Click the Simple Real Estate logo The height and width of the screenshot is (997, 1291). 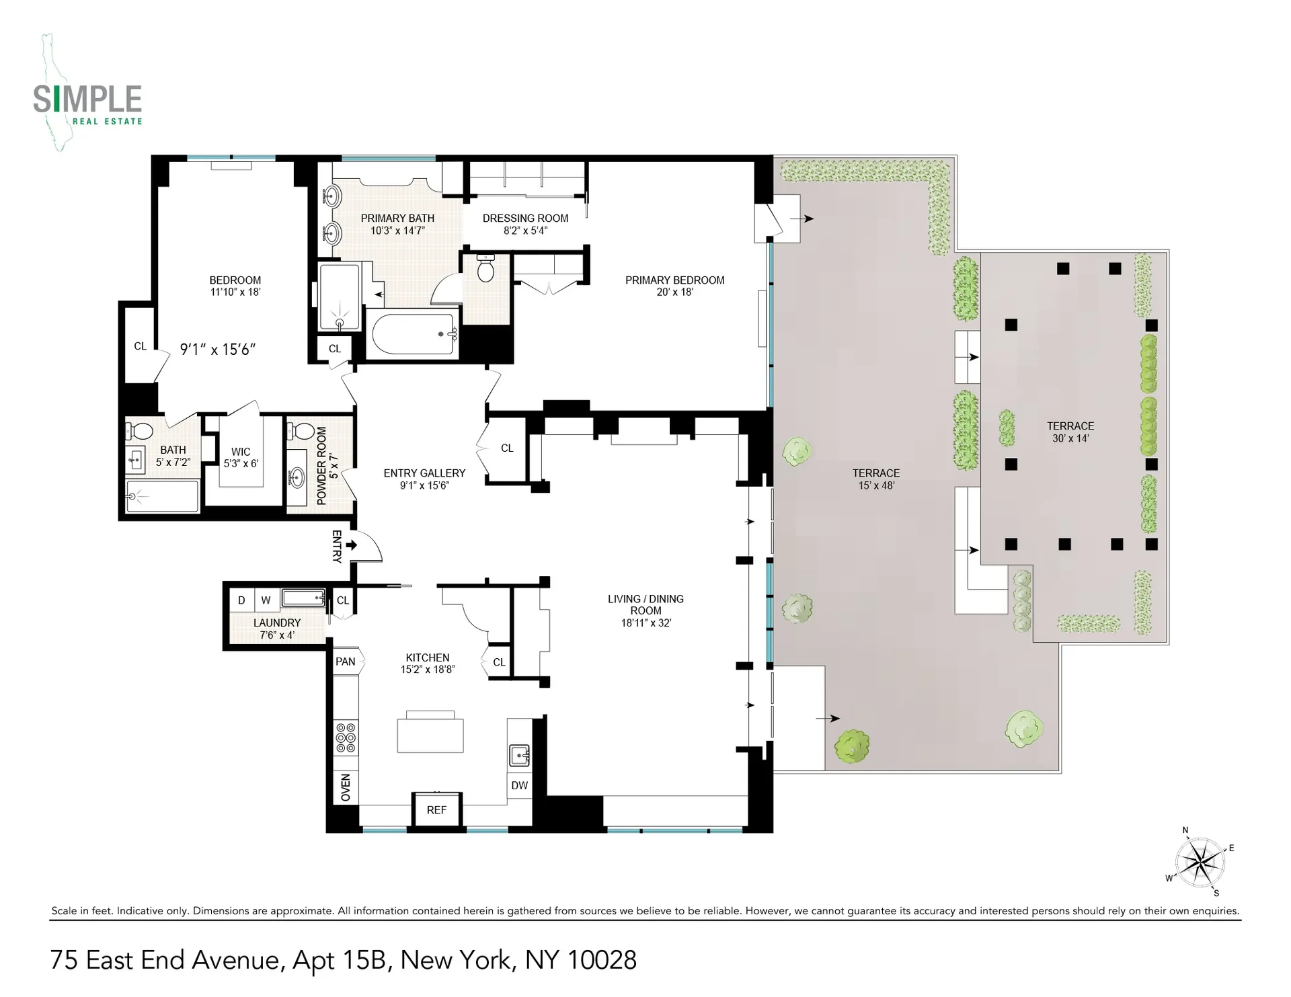[x=88, y=101]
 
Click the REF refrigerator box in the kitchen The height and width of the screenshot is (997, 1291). [x=436, y=809]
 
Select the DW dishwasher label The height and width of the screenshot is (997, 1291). [x=519, y=785]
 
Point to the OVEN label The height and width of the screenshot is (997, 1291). [x=346, y=787]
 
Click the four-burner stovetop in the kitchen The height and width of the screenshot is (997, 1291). [x=346, y=737]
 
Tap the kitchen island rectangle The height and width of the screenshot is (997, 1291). [x=430, y=735]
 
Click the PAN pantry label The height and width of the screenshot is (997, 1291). [x=346, y=662]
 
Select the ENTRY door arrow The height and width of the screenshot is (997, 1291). [x=351, y=545]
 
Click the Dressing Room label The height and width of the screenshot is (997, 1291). [x=525, y=224]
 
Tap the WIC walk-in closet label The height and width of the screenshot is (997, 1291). [x=241, y=457]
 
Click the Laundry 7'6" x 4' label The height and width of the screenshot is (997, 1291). [x=277, y=629]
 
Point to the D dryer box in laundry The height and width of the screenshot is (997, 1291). [x=241, y=600]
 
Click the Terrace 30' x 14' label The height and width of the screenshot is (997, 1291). [x=1070, y=432]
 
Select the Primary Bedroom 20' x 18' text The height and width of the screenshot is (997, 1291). [x=674, y=286]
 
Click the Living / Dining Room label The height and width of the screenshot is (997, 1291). [x=645, y=610]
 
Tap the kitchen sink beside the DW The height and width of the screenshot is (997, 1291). [x=520, y=755]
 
